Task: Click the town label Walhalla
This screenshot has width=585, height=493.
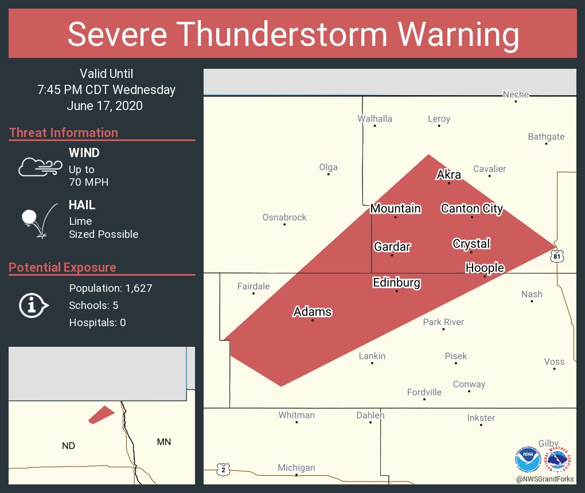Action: click(375, 119)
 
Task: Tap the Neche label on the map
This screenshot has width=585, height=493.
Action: click(516, 94)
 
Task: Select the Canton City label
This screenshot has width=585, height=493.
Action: click(471, 209)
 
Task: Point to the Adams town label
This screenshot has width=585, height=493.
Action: click(313, 312)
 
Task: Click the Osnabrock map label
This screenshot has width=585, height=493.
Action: click(284, 217)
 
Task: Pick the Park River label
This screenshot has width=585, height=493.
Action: click(443, 322)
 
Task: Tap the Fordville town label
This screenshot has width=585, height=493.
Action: click(424, 392)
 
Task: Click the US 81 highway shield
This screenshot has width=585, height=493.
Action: click(557, 256)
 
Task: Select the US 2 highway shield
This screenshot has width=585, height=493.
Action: click(223, 469)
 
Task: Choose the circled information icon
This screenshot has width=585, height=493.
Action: click(33, 306)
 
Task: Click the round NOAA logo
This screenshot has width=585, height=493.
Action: click(528, 459)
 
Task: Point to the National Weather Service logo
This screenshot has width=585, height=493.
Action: click(559, 459)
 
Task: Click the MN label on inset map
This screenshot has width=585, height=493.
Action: click(163, 441)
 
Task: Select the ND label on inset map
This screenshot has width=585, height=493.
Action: click(68, 445)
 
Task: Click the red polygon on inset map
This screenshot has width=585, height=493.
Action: click(102, 414)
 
